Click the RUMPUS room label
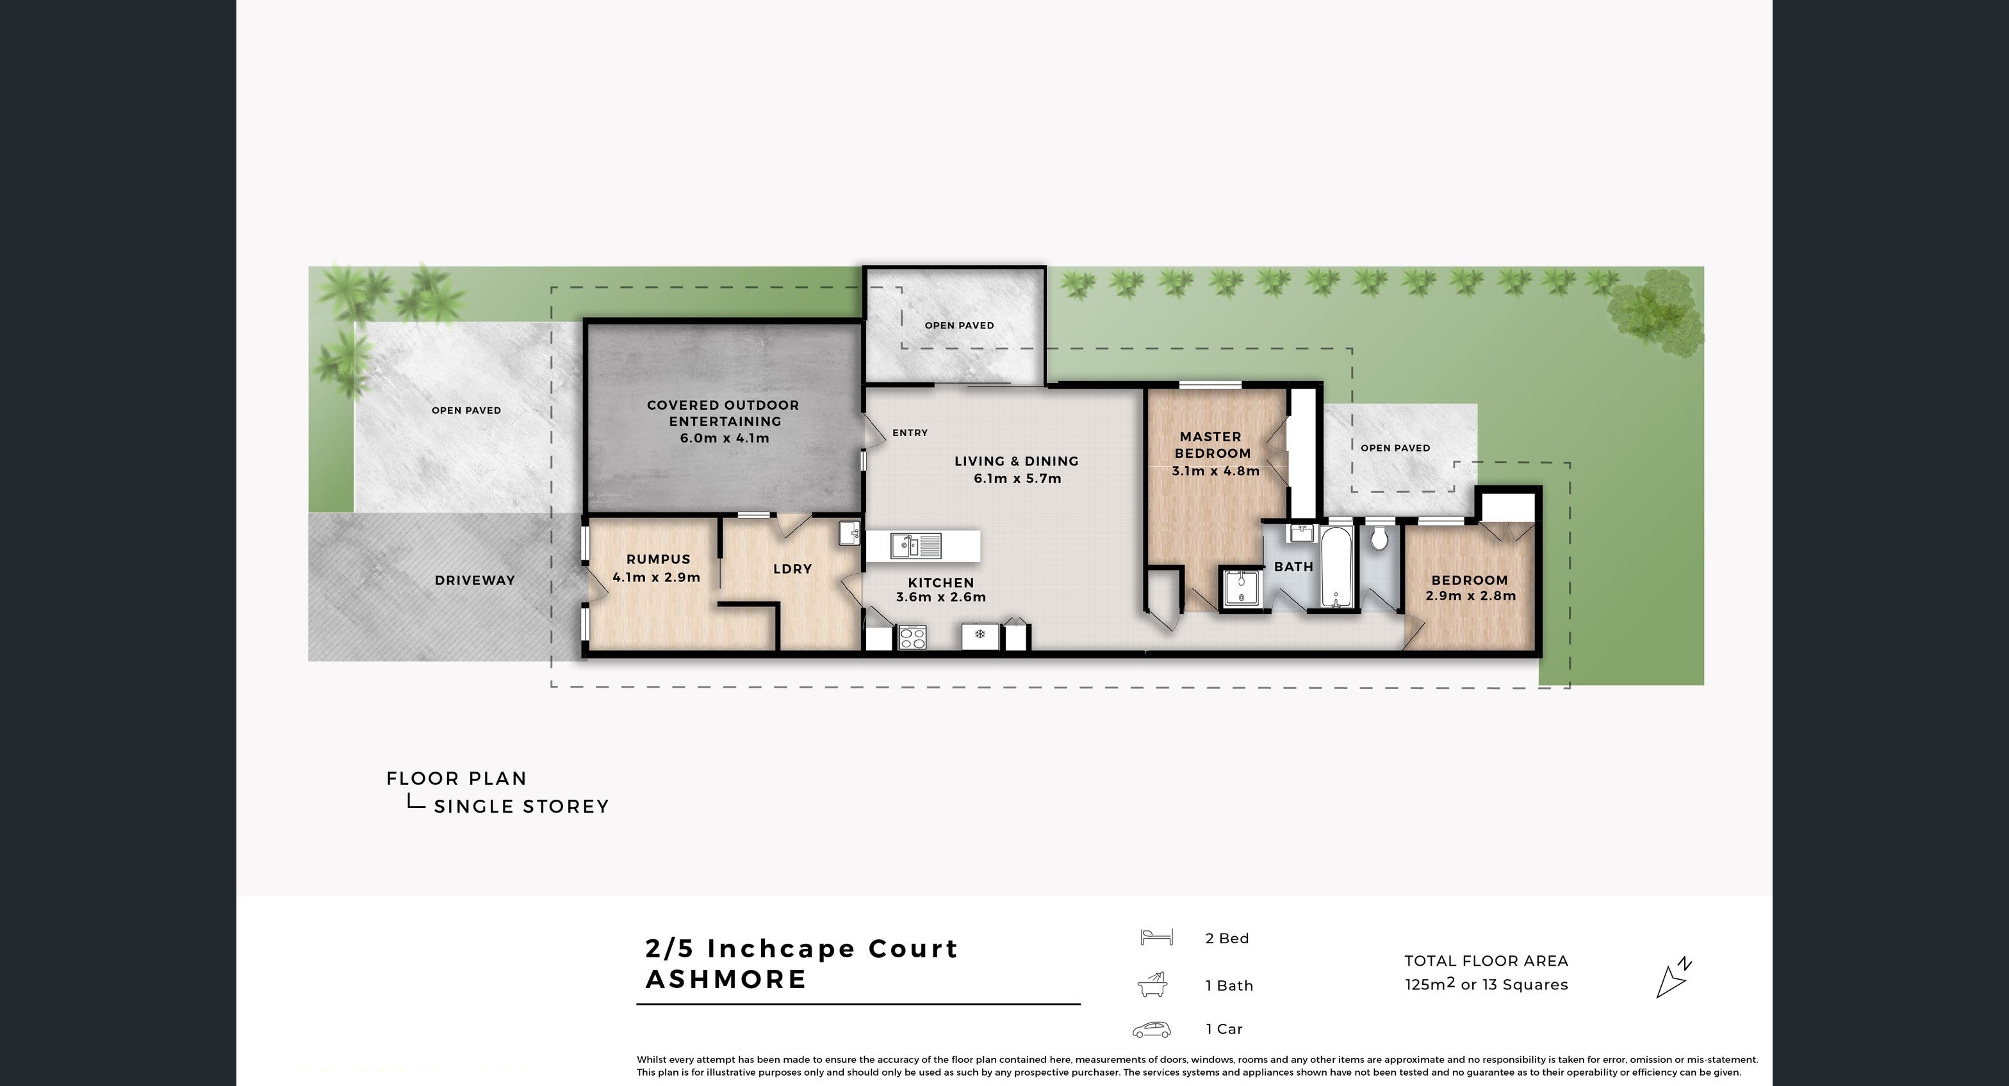657,559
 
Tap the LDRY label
792,569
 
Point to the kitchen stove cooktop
912,638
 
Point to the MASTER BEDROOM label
1212,445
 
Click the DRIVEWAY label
474,580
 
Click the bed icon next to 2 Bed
1156,937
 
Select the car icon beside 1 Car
1152,1030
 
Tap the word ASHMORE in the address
725,979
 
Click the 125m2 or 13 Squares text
1486,985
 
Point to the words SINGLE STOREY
521,807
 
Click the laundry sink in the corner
849,533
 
